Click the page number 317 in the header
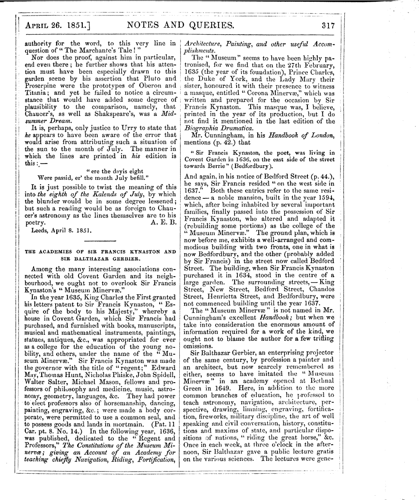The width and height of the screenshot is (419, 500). pos(328,25)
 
